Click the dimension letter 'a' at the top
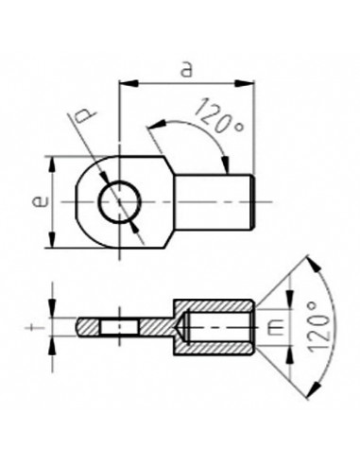coord(187,69)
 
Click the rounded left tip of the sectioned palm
coord(80,327)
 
